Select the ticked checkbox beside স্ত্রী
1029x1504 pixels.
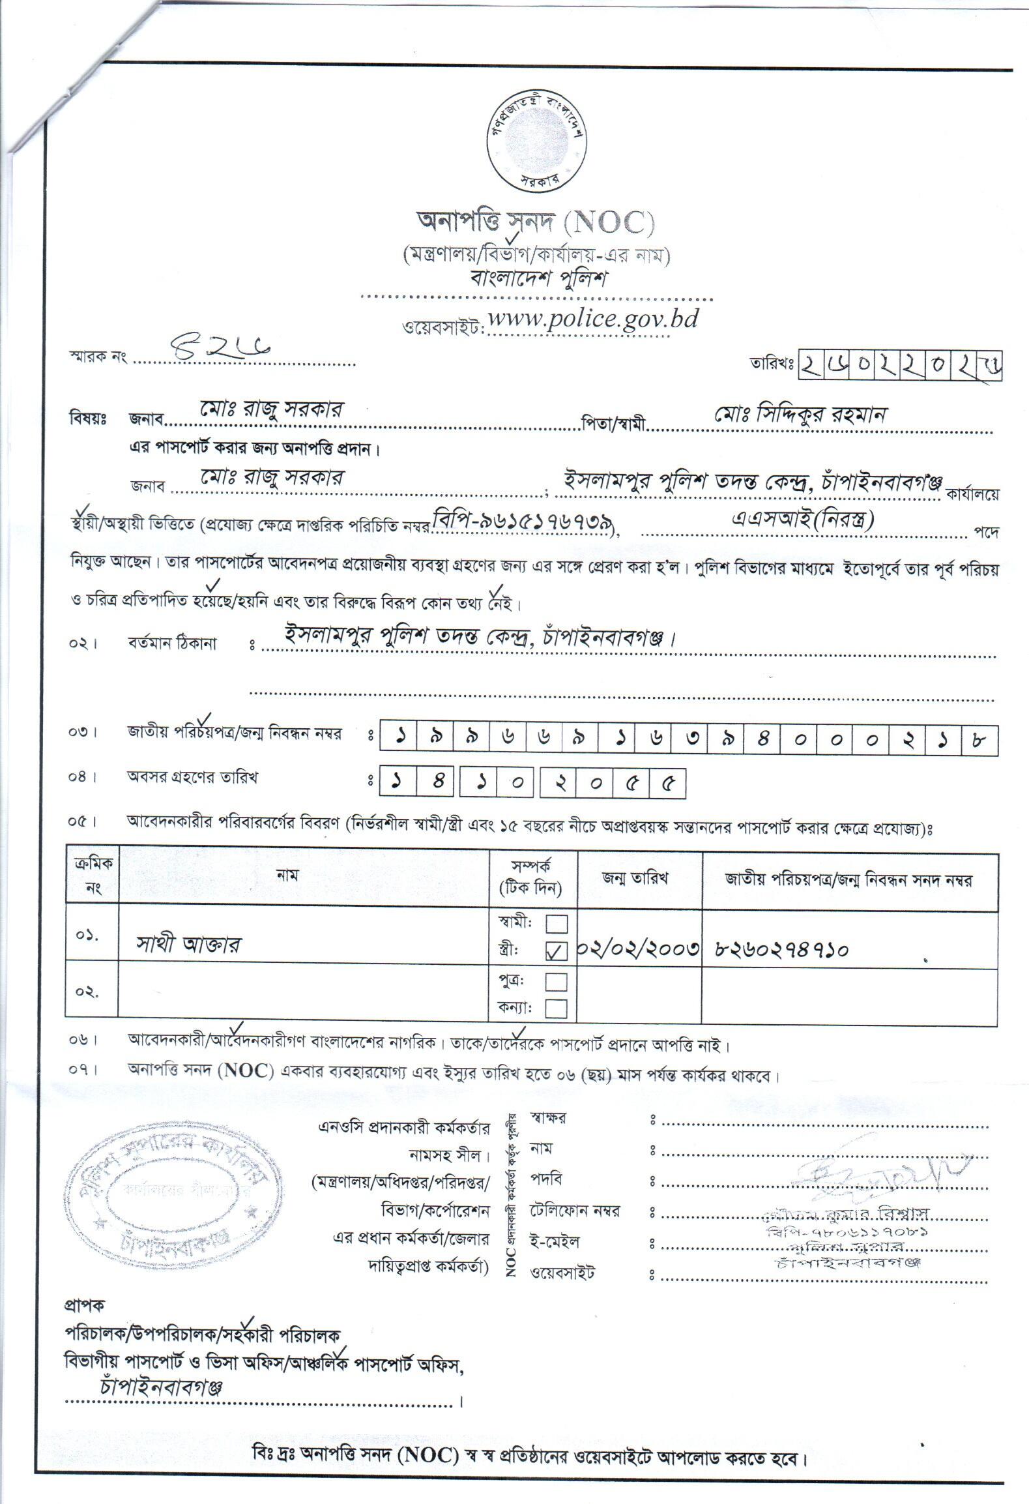click(556, 952)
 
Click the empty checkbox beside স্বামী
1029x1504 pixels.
click(556, 924)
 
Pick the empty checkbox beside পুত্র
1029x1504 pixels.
click(556, 982)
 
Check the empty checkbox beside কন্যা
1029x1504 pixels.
click(556, 1009)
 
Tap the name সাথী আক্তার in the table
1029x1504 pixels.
click(188, 944)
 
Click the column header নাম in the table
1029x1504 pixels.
click(287, 876)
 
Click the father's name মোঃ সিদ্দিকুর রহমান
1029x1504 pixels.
click(801, 415)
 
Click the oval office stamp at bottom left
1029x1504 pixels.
click(168, 1187)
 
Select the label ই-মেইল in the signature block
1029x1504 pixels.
click(555, 1241)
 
